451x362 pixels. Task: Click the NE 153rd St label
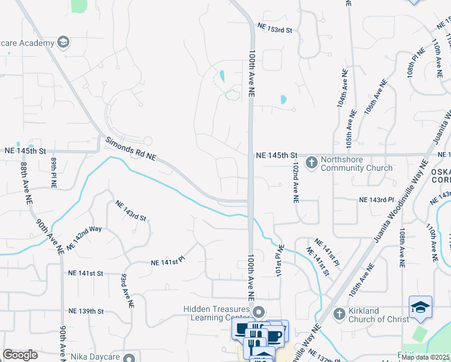click(x=274, y=27)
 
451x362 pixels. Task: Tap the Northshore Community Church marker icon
click(x=312, y=162)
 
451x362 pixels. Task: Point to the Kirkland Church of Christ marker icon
click(x=339, y=314)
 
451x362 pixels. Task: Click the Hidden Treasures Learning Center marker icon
click(x=259, y=313)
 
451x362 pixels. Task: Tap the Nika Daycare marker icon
click(x=129, y=357)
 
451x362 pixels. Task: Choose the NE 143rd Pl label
click(x=376, y=199)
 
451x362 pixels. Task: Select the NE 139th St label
click(x=86, y=311)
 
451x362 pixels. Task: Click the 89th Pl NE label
click(x=53, y=171)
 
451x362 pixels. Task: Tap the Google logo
click(x=20, y=355)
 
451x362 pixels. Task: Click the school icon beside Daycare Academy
click(x=63, y=42)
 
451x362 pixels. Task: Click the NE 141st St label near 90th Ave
click(x=86, y=273)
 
